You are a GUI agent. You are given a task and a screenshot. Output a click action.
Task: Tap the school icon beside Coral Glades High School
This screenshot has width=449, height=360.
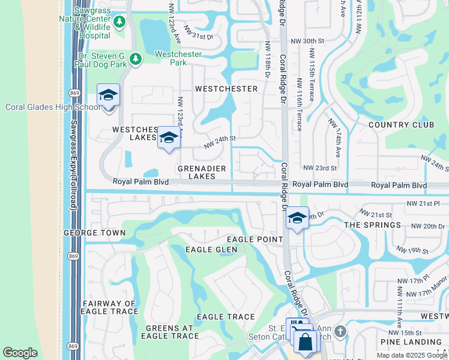coord(108,96)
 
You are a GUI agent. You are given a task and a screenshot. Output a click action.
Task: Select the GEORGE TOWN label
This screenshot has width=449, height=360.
coord(95,233)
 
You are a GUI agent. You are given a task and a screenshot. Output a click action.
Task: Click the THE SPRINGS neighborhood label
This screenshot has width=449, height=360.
coord(372,225)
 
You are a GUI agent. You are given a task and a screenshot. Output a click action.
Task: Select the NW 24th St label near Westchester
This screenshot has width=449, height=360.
coord(220,142)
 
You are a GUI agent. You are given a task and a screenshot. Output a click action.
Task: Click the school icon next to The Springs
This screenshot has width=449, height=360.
coord(297,218)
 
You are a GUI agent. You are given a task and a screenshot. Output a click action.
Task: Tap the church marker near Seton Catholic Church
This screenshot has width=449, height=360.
coord(340,331)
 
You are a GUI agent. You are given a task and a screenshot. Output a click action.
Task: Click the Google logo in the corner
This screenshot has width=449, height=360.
coord(20,353)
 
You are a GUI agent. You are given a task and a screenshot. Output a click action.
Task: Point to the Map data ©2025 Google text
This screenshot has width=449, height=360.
coord(411,355)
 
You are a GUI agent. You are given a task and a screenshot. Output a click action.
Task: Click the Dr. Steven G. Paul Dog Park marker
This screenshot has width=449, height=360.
coord(136,59)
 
